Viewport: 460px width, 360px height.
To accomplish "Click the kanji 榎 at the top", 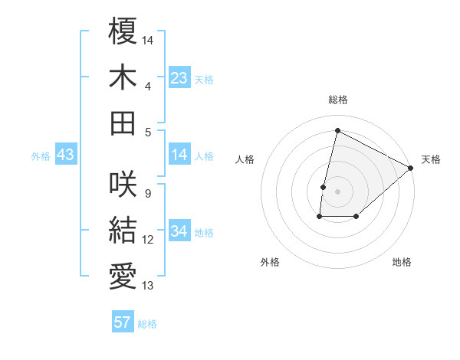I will (x=123, y=33).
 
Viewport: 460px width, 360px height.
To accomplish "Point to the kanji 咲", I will (x=123, y=185).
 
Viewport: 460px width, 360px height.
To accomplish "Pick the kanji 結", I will (x=123, y=230).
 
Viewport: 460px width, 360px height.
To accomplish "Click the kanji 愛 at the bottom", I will (x=123, y=275).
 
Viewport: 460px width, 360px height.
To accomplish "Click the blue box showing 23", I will (x=179, y=78).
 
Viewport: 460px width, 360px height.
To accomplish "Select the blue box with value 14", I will (x=179, y=155).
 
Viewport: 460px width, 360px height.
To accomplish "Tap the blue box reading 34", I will (x=179, y=231).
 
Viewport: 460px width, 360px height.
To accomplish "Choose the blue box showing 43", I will (x=66, y=155).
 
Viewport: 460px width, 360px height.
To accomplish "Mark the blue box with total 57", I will (x=123, y=322).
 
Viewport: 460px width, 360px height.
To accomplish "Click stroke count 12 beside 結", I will (x=148, y=241).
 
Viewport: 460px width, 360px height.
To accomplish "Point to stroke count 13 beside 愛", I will (x=148, y=286).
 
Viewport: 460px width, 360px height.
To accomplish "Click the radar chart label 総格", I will (x=338, y=100).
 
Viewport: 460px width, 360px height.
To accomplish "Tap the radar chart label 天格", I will (x=431, y=159).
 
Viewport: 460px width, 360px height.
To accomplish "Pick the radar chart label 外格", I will (x=270, y=262).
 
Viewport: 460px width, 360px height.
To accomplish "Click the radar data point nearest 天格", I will (x=411, y=168).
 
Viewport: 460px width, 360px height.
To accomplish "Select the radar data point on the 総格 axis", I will (x=337, y=130).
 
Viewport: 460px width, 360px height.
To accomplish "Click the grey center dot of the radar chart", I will (x=337, y=191).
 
